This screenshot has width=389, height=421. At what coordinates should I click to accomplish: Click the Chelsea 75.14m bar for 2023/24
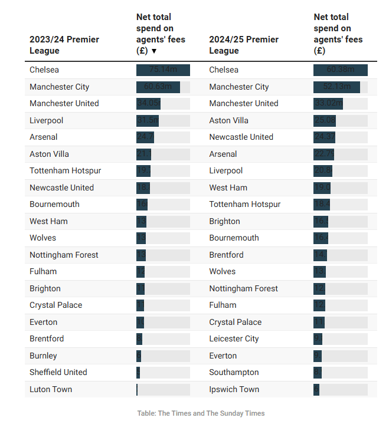[x=163, y=70]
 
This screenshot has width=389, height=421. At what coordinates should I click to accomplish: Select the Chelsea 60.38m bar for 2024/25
[x=341, y=70]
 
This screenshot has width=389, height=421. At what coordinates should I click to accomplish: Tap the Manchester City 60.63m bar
[x=158, y=87]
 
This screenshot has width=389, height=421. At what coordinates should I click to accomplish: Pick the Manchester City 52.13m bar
[x=336, y=87]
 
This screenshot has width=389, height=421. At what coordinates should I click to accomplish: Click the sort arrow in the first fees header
[x=154, y=51]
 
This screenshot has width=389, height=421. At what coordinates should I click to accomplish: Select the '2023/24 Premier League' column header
[x=64, y=45]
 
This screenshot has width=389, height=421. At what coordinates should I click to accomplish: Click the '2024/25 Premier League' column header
[x=243, y=45]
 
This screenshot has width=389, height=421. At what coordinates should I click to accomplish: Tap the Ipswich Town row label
[x=234, y=389]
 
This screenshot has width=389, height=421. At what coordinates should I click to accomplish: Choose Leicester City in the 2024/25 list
[x=234, y=338]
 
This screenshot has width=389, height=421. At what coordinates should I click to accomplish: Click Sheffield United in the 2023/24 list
[x=58, y=372]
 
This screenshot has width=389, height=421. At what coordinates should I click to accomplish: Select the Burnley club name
[x=44, y=356]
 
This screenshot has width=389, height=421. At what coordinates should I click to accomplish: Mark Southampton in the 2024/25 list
[x=234, y=372]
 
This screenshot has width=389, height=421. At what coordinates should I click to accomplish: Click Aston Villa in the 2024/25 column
[x=228, y=120]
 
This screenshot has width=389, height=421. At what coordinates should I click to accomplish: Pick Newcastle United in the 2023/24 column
[x=62, y=188]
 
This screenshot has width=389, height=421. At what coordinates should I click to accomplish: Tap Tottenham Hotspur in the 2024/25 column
[x=245, y=204]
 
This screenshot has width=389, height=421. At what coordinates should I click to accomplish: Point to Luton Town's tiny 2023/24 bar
[x=137, y=389]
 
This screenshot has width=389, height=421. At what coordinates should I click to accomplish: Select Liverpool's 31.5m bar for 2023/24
[x=148, y=120]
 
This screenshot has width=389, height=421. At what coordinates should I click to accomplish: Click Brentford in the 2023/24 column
[x=47, y=338]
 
